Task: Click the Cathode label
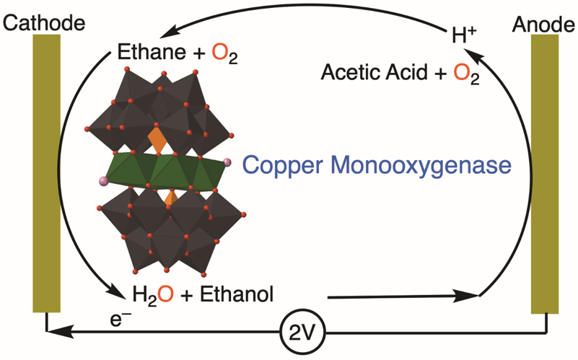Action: [x=44, y=22]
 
